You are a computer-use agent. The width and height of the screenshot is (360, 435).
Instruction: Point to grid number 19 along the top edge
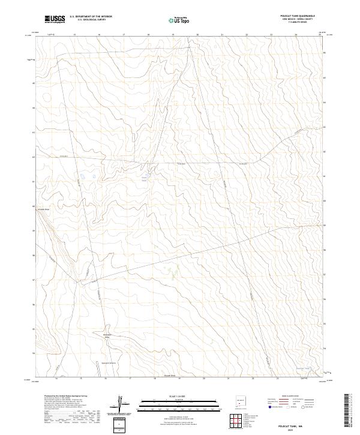point(173,35)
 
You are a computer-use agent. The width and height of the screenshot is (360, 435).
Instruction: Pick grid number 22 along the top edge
point(247,35)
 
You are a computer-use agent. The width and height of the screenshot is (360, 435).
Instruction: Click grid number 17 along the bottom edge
point(130,379)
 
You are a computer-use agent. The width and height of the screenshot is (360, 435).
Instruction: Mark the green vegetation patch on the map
point(173,274)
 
